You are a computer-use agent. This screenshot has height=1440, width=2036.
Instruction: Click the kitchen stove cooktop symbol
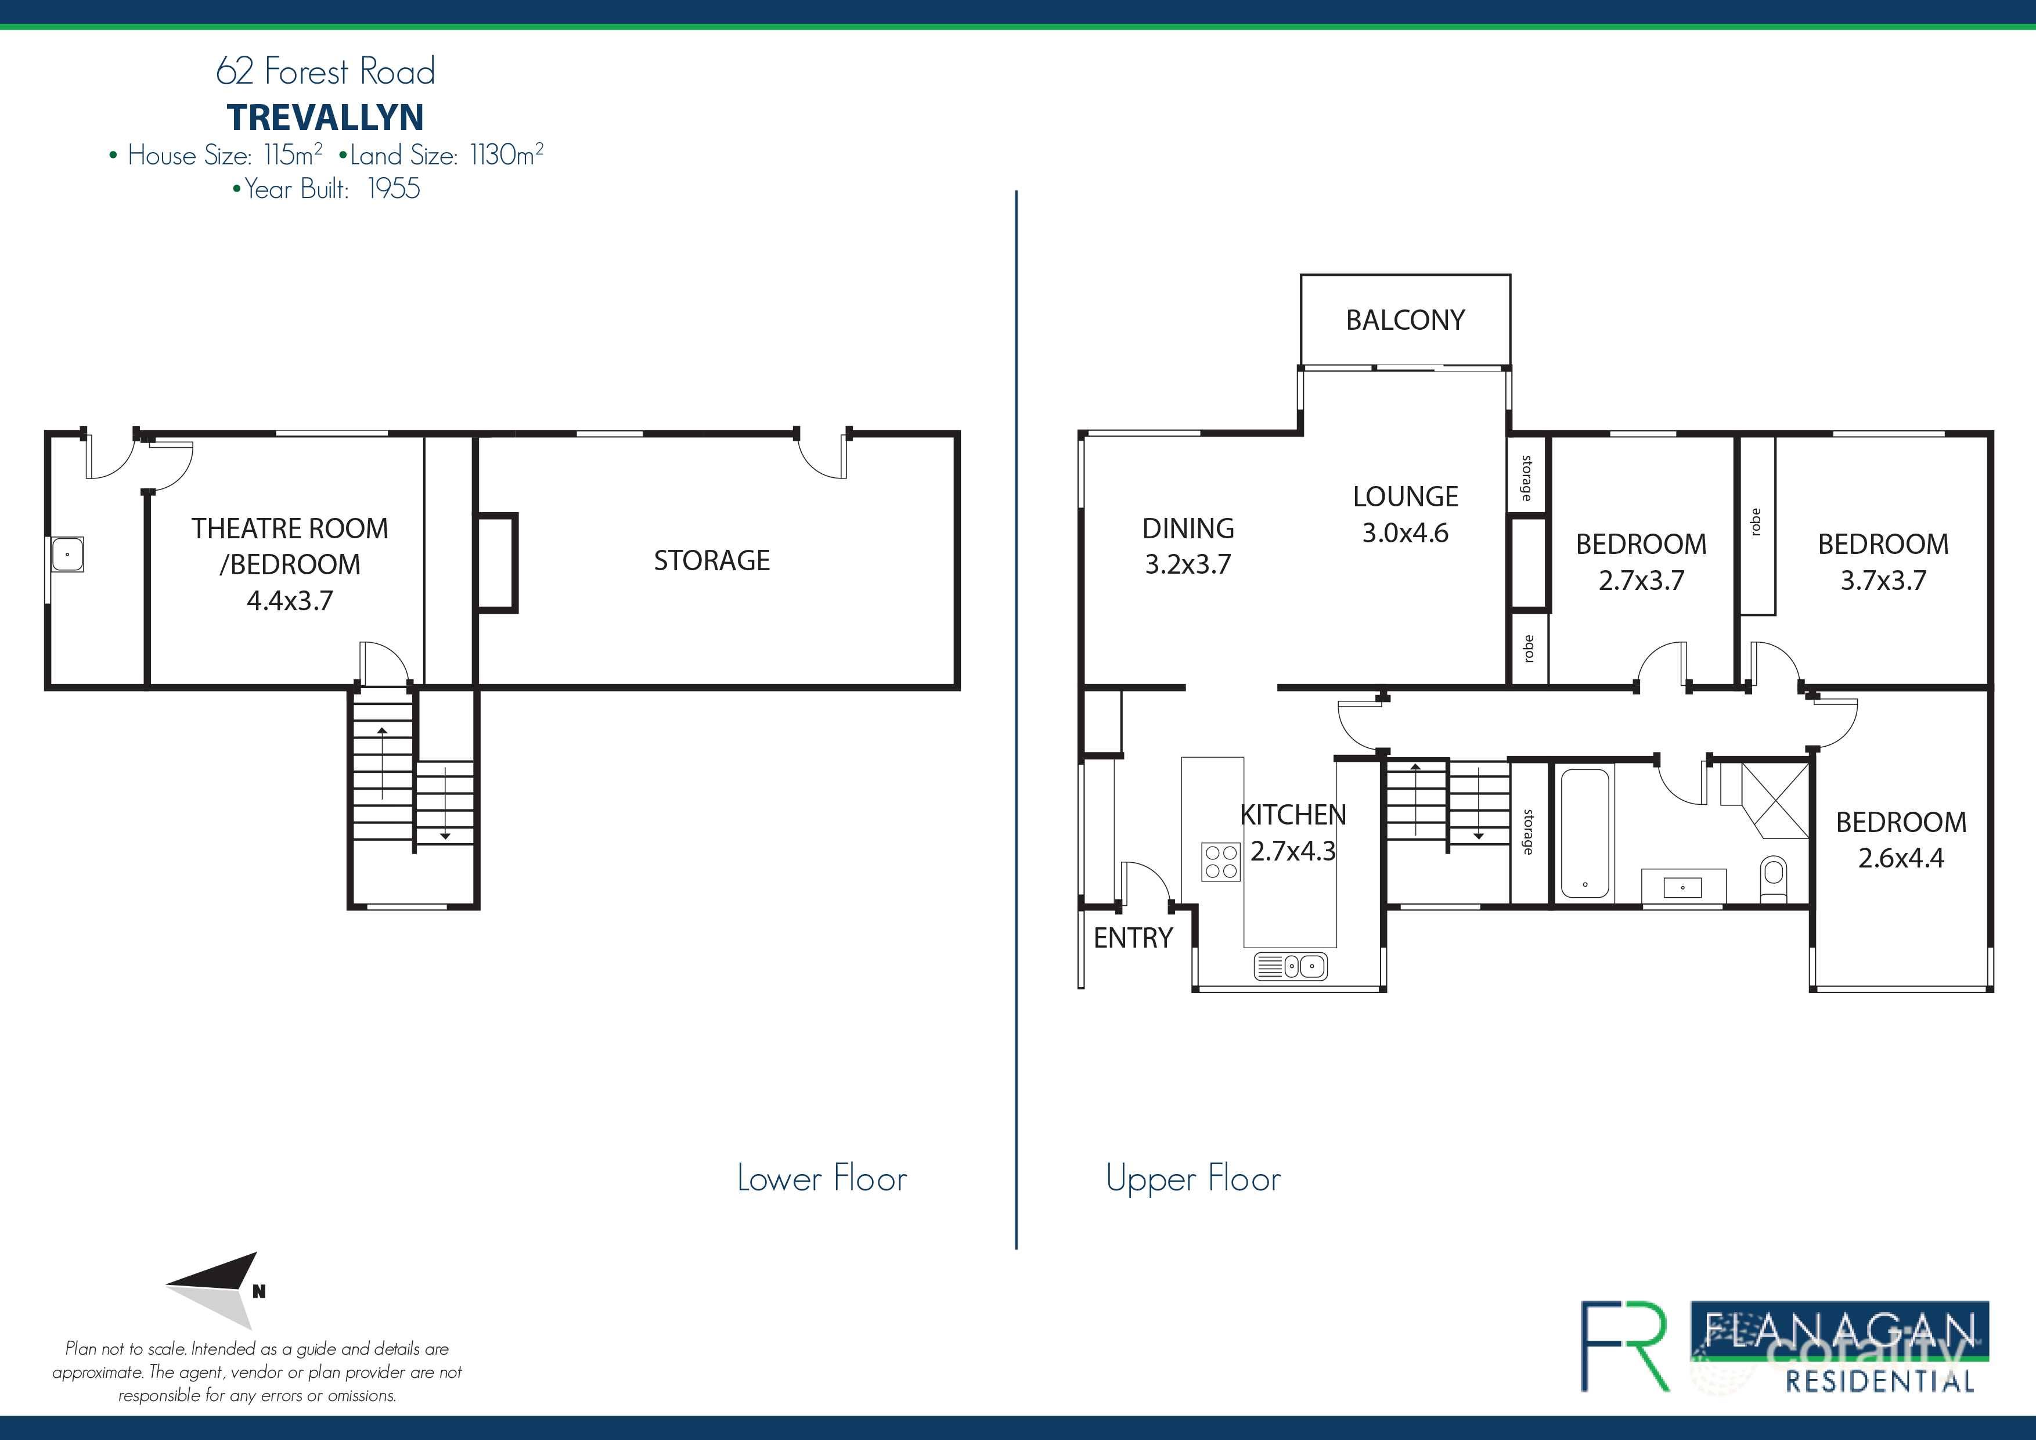coord(1220,862)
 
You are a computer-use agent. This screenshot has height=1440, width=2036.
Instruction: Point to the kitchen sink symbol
coord(1291,966)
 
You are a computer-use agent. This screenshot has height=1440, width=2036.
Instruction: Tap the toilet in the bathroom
coord(1772,878)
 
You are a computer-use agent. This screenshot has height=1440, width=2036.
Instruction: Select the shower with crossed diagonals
coord(1774,800)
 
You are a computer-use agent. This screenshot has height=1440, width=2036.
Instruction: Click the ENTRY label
coord(1133,938)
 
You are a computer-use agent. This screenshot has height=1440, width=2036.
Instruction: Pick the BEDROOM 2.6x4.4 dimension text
coord(1900,858)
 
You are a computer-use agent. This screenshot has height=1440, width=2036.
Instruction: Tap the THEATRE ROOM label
coord(290,528)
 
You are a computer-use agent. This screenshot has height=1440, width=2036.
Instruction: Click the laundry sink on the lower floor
coord(67,554)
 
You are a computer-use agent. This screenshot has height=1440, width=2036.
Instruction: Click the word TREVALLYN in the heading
coord(326,117)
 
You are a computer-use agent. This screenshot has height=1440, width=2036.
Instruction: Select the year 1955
coord(393,189)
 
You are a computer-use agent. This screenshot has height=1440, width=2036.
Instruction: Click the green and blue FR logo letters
coord(1624,1345)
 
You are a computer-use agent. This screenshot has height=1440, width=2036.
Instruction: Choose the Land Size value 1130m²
coord(506,155)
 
